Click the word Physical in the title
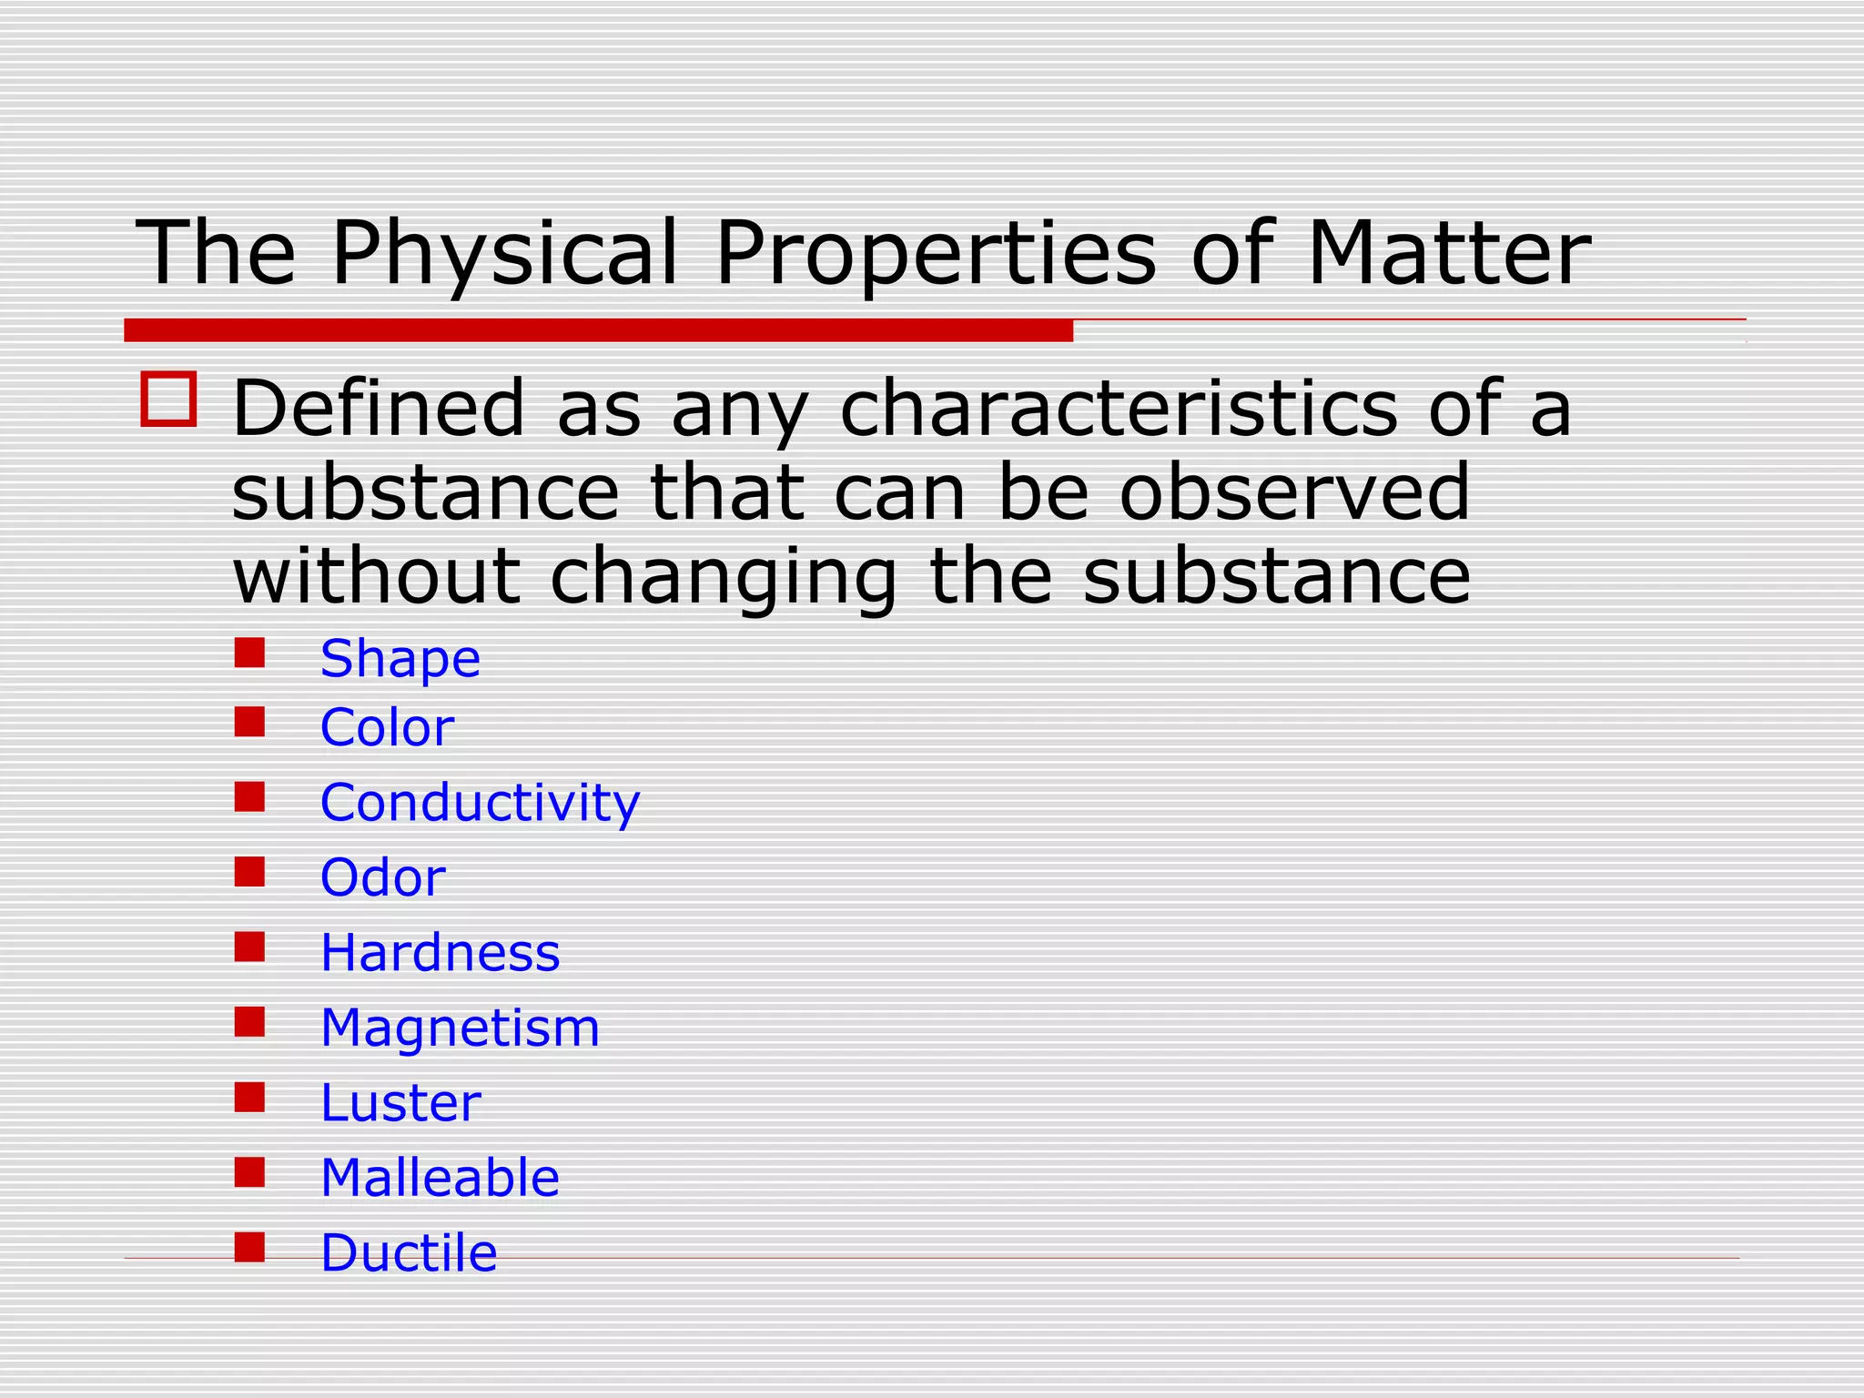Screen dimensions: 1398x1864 tap(505, 255)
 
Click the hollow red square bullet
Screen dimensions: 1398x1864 tap(168, 399)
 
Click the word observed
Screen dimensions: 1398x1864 tap(1293, 492)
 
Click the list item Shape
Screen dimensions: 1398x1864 tap(400, 658)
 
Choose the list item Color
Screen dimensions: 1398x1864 tap(387, 728)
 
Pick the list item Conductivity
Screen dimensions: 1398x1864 tap(480, 803)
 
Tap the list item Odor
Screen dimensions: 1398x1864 tap(382, 878)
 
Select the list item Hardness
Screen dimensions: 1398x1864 tap(440, 953)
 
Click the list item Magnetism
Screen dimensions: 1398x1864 tap(460, 1028)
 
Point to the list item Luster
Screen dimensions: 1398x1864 tap(400, 1103)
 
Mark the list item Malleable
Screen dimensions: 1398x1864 tap(440, 1178)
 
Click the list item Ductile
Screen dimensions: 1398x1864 tap(409, 1253)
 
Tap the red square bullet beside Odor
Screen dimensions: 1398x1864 tap(249, 872)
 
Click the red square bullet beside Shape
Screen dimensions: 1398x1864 tap(249, 653)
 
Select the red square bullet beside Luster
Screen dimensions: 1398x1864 tap(249, 1097)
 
